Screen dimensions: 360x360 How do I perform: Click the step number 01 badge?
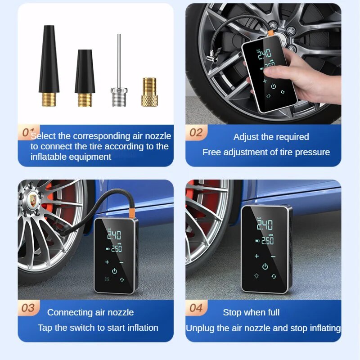pyautogui.click(x=28, y=132)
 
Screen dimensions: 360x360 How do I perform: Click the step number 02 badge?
pyautogui.click(x=196, y=133)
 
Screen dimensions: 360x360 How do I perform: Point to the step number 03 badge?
pyautogui.click(x=28, y=308)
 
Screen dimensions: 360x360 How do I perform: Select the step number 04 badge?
pyautogui.click(x=196, y=308)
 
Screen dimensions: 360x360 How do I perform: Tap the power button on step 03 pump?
pyautogui.click(x=114, y=271)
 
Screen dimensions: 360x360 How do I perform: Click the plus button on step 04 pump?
pyautogui.click(x=256, y=256)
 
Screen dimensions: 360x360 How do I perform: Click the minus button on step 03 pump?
pyautogui.click(x=122, y=261)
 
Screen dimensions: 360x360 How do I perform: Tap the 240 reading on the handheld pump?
pyautogui.click(x=264, y=55)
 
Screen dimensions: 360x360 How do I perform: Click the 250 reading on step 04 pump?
pyautogui.click(x=267, y=241)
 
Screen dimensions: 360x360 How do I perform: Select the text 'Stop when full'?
pyautogui.click(x=251, y=312)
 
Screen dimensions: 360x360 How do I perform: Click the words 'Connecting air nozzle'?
pyautogui.click(x=90, y=312)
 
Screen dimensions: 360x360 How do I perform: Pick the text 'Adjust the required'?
pyautogui.click(x=271, y=137)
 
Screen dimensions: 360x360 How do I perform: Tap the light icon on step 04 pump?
pyautogui.click(x=256, y=276)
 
